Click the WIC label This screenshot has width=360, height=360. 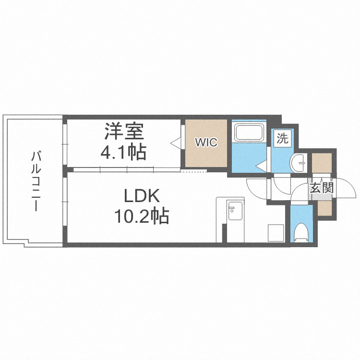206,143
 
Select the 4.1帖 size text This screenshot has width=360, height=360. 123,152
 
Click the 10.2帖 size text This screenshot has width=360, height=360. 142,217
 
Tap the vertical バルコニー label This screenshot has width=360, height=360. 35,181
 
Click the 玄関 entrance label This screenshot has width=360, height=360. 321,188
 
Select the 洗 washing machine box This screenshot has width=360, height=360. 283,139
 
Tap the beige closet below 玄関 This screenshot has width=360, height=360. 324,208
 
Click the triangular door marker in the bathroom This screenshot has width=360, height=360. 261,166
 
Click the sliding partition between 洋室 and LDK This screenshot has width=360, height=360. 125,169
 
